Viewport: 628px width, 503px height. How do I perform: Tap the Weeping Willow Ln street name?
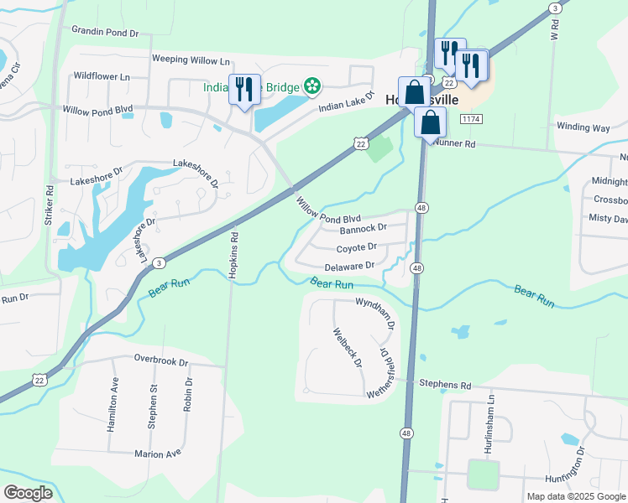(x=191, y=60)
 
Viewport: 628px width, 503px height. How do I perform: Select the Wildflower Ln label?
(x=102, y=76)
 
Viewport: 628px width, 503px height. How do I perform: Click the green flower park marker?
(x=312, y=85)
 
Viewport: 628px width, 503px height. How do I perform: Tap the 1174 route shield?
(x=470, y=120)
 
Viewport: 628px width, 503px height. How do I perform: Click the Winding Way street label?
(x=583, y=127)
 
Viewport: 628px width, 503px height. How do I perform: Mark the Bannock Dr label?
(x=363, y=228)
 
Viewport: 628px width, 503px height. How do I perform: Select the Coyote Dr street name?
(x=357, y=247)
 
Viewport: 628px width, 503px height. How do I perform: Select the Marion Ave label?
(x=158, y=454)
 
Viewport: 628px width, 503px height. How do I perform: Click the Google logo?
(x=28, y=493)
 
